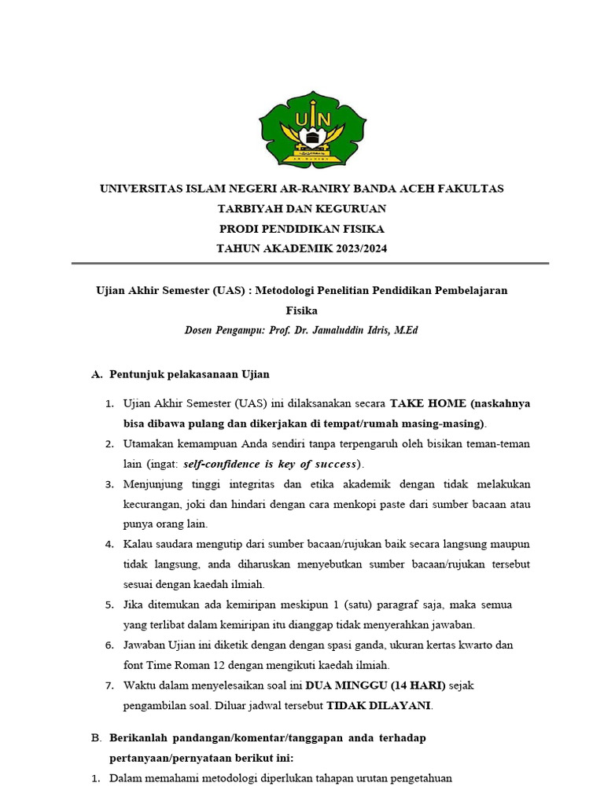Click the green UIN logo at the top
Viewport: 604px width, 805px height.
pos(312,130)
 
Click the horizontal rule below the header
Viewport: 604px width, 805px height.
pos(310,263)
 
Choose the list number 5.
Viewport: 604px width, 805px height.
pos(109,605)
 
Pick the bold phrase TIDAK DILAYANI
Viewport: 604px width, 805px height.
pos(378,705)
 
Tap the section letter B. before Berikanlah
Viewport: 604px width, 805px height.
pos(97,739)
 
